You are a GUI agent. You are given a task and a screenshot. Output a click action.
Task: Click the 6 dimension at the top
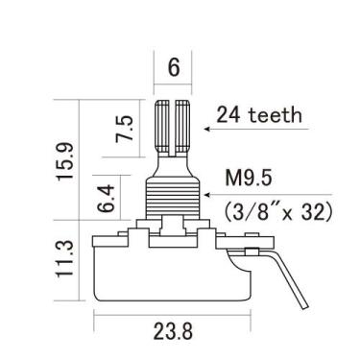(x=173, y=67)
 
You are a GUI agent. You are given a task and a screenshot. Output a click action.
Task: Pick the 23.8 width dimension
(x=173, y=333)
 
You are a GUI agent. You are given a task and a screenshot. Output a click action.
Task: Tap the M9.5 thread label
(x=252, y=178)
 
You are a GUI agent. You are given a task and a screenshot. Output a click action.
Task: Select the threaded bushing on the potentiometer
(x=173, y=196)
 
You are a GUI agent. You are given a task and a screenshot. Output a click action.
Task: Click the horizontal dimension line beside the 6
(x=173, y=85)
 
